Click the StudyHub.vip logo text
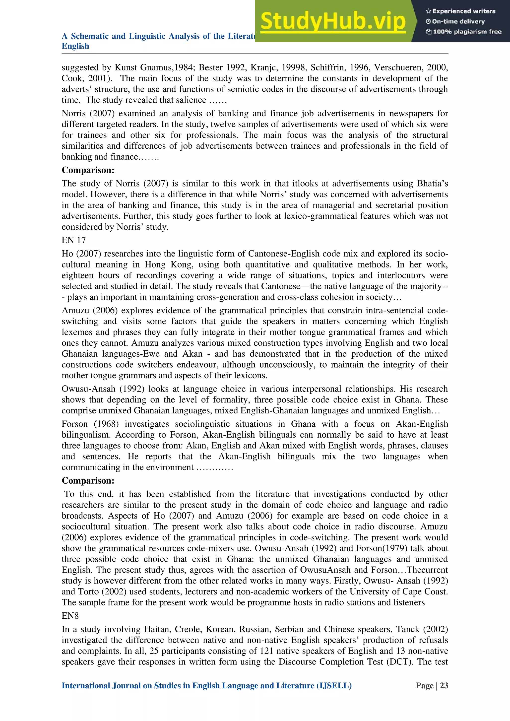point(333,21)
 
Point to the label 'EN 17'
point(73,240)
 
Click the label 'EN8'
point(70,616)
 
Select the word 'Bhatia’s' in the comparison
point(433,183)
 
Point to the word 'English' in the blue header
point(75,46)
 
